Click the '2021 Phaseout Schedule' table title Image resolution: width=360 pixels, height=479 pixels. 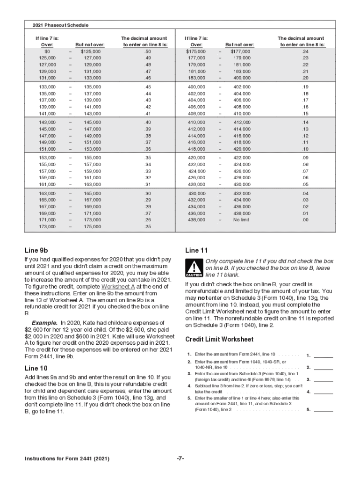[x=60, y=25]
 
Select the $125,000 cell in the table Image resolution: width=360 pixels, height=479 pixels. [x=91, y=51]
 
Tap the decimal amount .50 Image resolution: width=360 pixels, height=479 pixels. [x=148, y=51]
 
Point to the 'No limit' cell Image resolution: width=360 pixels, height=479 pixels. [x=241, y=220]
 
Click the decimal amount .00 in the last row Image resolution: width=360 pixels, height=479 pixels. [x=305, y=220]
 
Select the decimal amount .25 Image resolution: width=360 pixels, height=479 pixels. [x=148, y=227]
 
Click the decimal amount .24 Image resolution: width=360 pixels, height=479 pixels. [x=305, y=51]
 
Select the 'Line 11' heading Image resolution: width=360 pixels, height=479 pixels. [x=196, y=250]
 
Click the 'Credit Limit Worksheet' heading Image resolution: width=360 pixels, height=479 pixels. [x=219, y=340]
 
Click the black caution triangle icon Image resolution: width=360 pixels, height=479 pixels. [x=194, y=268]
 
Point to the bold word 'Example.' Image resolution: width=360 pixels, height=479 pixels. [x=45, y=323]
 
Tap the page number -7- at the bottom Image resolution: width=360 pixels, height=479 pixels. [x=180, y=459]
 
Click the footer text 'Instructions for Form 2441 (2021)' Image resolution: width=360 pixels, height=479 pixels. [x=67, y=459]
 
